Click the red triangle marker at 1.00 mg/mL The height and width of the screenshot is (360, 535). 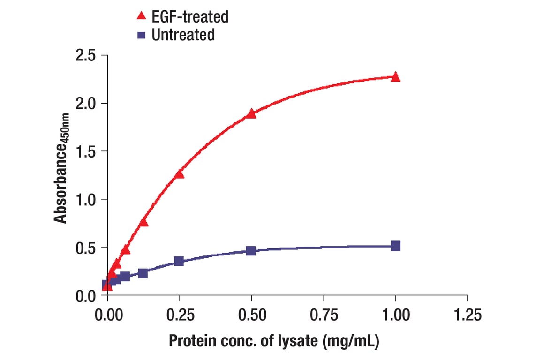pos(395,77)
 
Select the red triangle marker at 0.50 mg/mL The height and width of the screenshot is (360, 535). pos(251,114)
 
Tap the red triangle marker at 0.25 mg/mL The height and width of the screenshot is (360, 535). pos(179,174)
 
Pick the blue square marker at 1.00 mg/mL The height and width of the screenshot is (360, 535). pos(395,246)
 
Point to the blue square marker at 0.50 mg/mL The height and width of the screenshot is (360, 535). pos(251,251)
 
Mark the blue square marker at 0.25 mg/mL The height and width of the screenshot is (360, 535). pos(179,261)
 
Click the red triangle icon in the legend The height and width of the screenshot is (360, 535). pos(141,16)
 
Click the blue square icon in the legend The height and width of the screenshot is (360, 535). pos(141,35)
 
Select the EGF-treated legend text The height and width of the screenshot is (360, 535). pos(190,17)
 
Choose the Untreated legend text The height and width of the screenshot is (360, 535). pos(183,35)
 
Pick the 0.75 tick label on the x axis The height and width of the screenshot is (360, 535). pos(324,315)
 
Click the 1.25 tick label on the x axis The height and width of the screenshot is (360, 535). pos(467,315)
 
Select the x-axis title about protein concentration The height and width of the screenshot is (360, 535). pos(274,341)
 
